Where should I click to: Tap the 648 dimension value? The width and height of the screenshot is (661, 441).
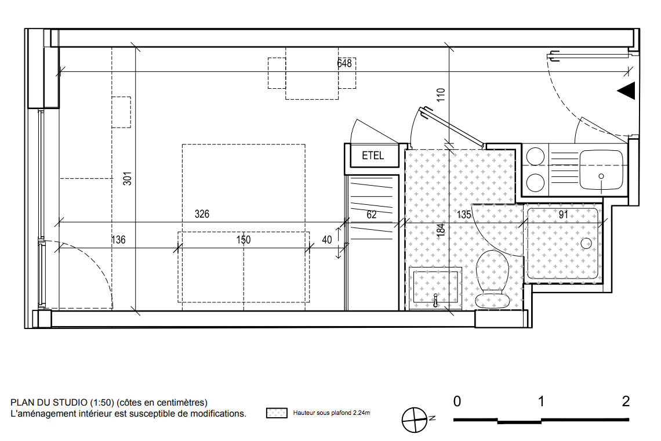click(x=344, y=63)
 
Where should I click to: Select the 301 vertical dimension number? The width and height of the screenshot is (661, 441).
click(x=128, y=179)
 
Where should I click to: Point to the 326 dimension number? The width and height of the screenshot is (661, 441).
click(x=202, y=214)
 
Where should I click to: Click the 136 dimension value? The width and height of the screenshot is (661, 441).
click(x=118, y=240)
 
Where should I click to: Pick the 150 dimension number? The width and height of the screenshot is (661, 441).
click(x=244, y=240)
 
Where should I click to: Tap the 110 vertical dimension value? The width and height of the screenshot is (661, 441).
click(x=441, y=95)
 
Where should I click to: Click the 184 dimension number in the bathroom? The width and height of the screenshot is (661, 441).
click(x=441, y=230)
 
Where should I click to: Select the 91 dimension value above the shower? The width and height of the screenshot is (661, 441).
click(x=563, y=214)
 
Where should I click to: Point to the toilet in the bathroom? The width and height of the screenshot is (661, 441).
click(x=492, y=279)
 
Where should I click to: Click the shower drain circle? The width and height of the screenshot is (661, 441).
click(x=586, y=243)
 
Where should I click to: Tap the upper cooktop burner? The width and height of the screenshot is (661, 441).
click(x=535, y=157)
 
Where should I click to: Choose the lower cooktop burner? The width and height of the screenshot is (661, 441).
click(x=535, y=183)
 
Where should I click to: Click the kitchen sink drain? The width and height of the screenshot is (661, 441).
click(x=601, y=176)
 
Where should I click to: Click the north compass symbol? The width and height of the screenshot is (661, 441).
click(x=414, y=420)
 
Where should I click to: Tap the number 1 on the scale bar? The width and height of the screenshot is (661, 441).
click(x=542, y=402)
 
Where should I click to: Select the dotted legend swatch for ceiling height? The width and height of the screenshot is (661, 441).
click(x=277, y=413)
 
